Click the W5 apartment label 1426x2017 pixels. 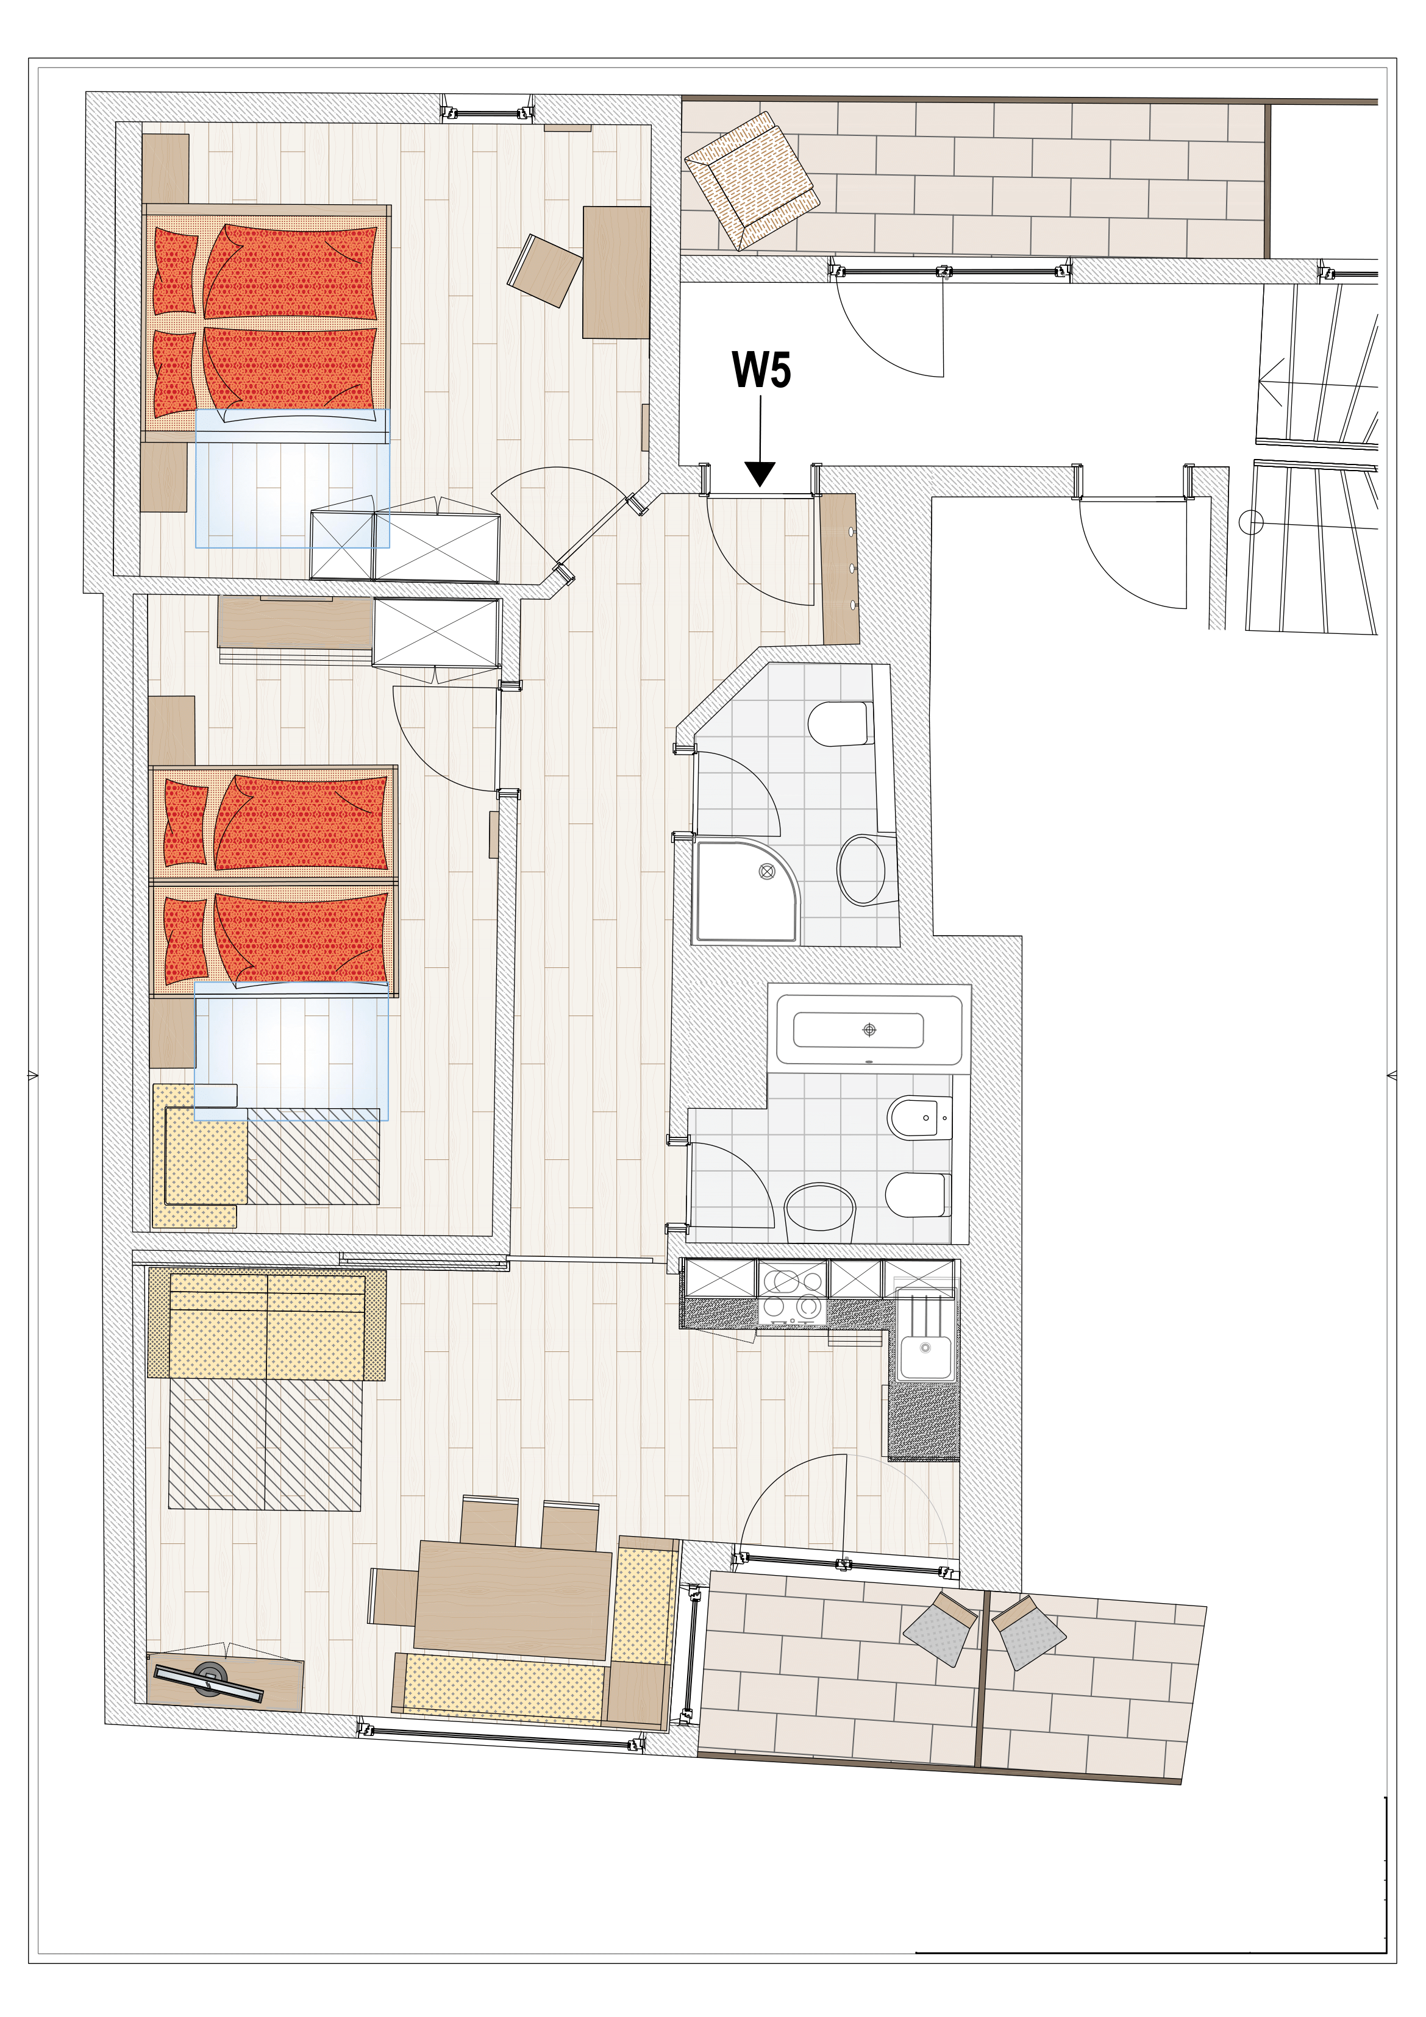(761, 371)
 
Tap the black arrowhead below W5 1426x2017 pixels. (760, 474)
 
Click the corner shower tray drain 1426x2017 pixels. (765, 872)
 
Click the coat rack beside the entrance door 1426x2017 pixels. (838, 568)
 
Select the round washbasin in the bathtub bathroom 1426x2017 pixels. (820, 1211)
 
